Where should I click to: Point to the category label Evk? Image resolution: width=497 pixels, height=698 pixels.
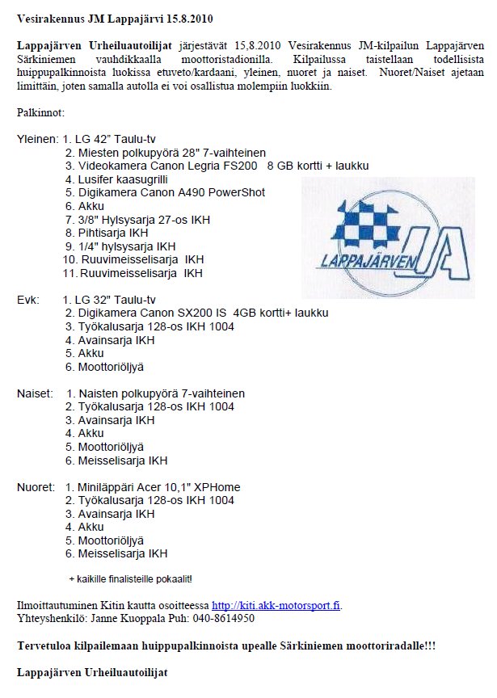click(28, 300)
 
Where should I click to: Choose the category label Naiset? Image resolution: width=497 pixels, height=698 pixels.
click(36, 393)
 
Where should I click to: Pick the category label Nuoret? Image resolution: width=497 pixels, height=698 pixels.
click(36, 487)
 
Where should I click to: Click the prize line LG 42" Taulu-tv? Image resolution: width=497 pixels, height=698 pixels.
click(121, 139)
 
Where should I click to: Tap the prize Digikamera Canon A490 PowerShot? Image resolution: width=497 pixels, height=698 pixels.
click(165, 192)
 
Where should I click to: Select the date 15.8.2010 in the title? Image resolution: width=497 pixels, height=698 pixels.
click(174, 17)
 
